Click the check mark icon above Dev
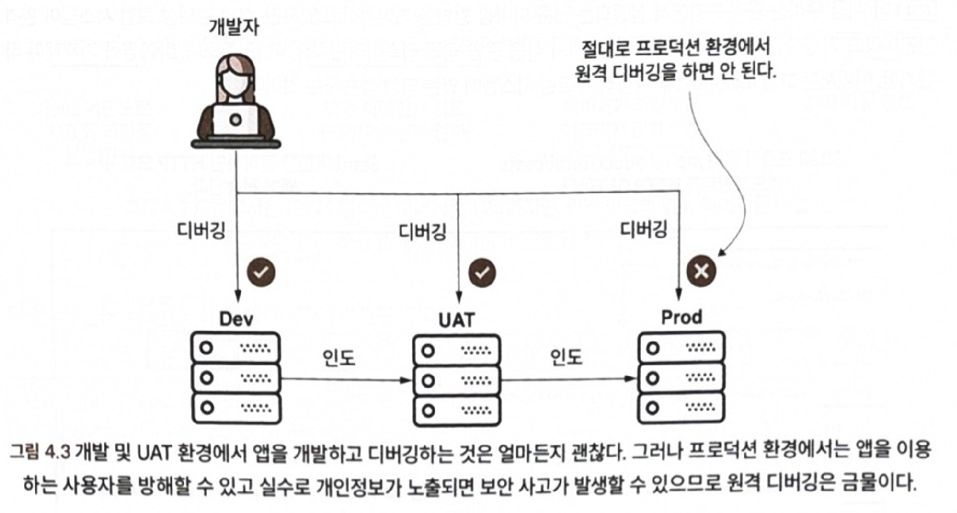[x=261, y=272]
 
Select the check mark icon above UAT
[x=482, y=272]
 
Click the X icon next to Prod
[x=701, y=270]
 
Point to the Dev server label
[x=236, y=319]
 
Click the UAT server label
[x=456, y=320]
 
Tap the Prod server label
[x=681, y=317]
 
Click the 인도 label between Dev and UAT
[x=339, y=357]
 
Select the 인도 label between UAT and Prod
[x=566, y=357]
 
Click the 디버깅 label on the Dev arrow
[x=201, y=230]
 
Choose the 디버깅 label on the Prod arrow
[x=644, y=229]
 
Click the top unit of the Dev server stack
[x=236, y=348]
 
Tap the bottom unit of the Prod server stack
[x=680, y=408]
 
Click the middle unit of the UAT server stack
[x=456, y=380]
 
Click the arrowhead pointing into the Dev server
[x=237, y=297]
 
